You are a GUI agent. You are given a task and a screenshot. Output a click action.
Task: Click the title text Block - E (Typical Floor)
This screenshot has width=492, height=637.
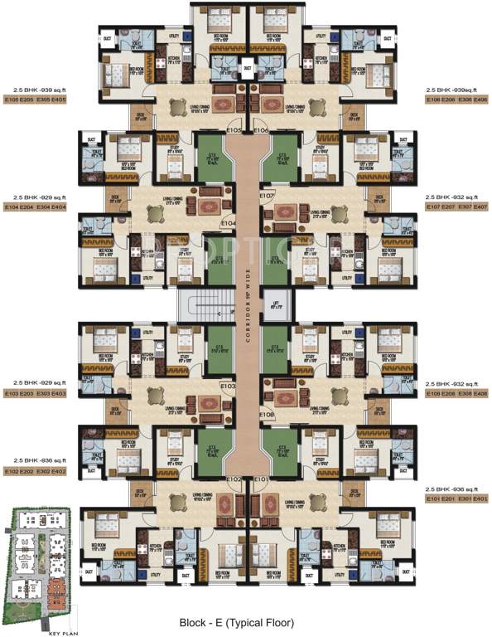click(x=246, y=621)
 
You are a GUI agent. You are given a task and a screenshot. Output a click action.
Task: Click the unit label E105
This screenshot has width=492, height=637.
click(x=234, y=130)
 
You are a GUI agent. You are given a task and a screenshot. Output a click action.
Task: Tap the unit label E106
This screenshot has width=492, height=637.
click(x=261, y=130)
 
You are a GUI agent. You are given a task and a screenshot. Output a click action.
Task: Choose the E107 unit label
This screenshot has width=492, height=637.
click(x=267, y=195)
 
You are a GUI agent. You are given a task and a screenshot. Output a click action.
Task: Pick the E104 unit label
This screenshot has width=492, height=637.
click(x=229, y=224)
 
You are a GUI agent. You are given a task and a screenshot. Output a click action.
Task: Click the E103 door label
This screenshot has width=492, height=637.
click(x=229, y=387)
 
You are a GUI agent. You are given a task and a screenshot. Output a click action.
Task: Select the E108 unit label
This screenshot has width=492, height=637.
click(x=267, y=413)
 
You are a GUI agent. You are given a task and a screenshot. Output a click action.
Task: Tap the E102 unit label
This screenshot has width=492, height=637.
click(x=234, y=479)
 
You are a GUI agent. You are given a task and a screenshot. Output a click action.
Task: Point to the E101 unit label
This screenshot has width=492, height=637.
click(x=261, y=479)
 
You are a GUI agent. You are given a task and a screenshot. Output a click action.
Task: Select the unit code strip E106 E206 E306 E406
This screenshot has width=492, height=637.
click(x=456, y=100)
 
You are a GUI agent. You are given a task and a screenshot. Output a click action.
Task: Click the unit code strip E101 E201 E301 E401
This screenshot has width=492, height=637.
click(x=456, y=499)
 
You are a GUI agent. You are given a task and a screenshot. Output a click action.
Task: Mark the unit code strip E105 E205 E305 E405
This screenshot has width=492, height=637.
click(x=35, y=100)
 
